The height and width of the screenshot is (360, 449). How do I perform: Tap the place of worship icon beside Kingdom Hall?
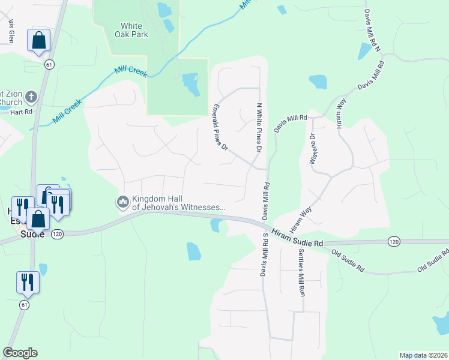(123, 201)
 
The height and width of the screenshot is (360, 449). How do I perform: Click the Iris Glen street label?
(11, 30)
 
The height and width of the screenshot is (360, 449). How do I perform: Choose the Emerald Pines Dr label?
(220, 127)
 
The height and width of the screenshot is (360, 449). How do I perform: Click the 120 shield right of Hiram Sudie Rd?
(394, 241)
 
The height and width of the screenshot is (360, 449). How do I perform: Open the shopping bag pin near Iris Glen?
(38, 41)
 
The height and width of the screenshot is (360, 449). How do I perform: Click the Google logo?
(20, 353)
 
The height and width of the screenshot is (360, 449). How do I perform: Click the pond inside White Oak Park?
(190, 83)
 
